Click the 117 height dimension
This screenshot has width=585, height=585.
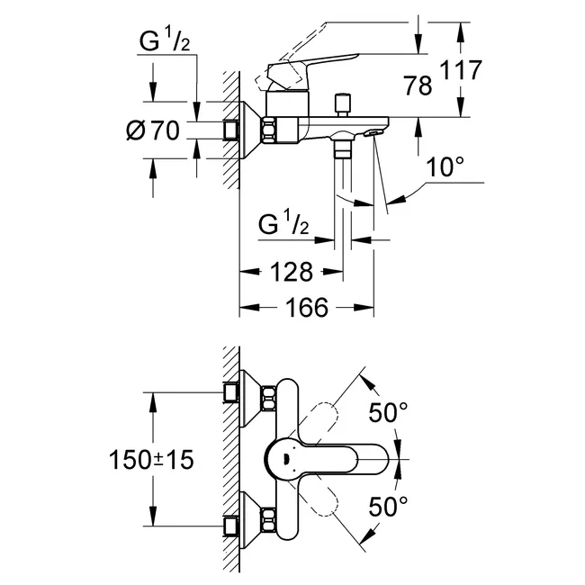pyautogui.click(x=461, y=70)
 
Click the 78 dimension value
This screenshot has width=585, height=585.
pyautogui.click(x=418, y=85)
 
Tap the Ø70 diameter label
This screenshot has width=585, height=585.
pyautogui.click(x=153, y=130)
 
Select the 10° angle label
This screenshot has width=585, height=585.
pyautogui.click(x=445, y=166)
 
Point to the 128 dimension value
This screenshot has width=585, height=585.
pyautogui.click(x=291, y=272)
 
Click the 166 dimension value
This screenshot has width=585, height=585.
pyautogui.click(x=307, y=308)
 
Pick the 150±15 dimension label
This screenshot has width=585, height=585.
pyautogui.click(x=151, y=459)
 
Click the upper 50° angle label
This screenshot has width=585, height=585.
pyautogui.click(x=389, y=412)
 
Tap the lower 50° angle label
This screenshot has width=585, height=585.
pyautogui.click(x=389, y=506)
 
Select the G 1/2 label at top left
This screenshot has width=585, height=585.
pyautogui.click(x=165, y=40)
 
